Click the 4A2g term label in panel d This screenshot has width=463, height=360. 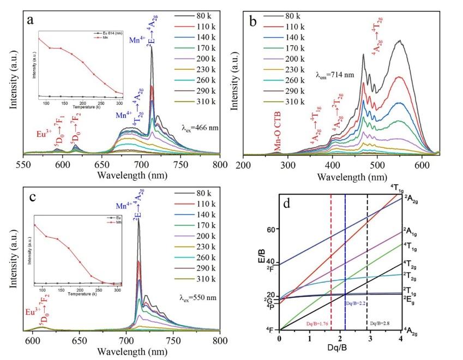(413, 331)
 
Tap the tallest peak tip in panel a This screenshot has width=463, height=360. (152, 46)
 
